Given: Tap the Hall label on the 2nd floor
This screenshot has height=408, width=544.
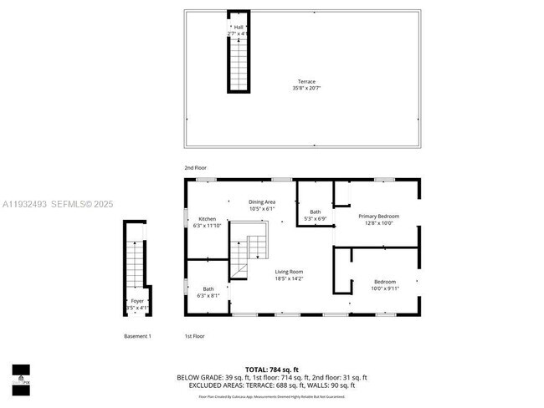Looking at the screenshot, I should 239,28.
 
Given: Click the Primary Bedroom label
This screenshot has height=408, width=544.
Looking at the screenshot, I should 378,216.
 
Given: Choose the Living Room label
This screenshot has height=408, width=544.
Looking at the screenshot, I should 290,272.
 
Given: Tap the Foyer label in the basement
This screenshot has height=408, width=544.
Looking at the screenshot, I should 136,301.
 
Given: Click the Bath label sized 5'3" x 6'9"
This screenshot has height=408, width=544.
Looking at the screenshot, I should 316,212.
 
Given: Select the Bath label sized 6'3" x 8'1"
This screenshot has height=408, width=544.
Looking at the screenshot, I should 208,289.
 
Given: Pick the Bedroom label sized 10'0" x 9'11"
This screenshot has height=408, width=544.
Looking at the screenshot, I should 385,282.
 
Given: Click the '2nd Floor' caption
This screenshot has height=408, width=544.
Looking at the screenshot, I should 195,168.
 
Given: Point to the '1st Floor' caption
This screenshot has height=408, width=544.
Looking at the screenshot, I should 194,336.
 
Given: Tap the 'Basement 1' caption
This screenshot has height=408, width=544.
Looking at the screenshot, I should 137,336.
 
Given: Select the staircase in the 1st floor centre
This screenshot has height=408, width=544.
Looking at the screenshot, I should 250,247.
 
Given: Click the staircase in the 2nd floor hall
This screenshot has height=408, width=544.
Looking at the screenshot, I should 239,63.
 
